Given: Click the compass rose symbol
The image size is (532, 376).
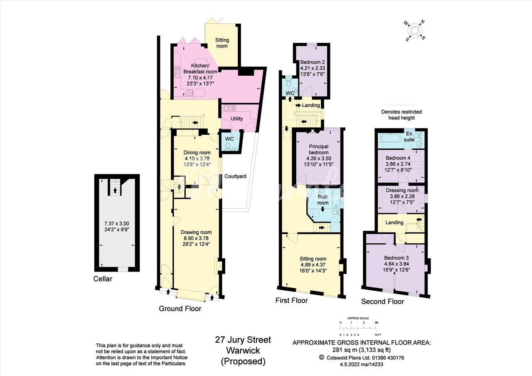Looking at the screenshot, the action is pyautogui.click(x=415, y=31).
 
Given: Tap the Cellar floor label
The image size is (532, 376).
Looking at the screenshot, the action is pyautogui.click(x=103, y=279).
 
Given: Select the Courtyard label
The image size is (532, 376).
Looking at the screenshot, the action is pyautogui.click(x=235, y=176).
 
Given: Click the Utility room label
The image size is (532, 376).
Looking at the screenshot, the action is pyautogui.click(x=236, y=119).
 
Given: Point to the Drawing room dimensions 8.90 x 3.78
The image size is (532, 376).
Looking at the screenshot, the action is pyautogui.click(x=196, y=238).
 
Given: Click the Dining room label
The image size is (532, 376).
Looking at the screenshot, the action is pyautogui.click(x=197, y=153).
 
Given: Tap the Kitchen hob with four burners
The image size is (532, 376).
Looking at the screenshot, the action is pyautogui.click(x=189, y=92).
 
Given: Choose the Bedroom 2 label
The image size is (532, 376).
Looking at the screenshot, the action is pyautogui.click(x=313, y=62).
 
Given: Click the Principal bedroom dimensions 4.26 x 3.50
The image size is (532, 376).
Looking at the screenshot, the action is pyautogui.click(x=318, y=158).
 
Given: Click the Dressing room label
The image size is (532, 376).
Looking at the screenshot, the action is pyautogui.click(x=402, y=190).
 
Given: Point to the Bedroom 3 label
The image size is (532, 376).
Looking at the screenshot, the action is pyautogui.click(x=397, y=258).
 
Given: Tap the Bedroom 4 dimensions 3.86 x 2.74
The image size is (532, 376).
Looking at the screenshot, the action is pyautogui.click(x=398, y=164).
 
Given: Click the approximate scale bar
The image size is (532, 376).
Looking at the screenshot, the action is pyautogui.click(x=358, y=329).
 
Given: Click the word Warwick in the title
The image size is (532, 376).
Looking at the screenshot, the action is pyautogui.click(x=243, y=350).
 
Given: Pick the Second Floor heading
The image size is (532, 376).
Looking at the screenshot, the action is pyautogui.click(x=383, y=302).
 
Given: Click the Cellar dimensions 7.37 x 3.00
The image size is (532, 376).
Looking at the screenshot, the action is pyautogui.click(x=117, y=224).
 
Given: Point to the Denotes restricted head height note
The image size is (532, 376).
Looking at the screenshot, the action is pyautogui.click(x=401, y=115).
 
